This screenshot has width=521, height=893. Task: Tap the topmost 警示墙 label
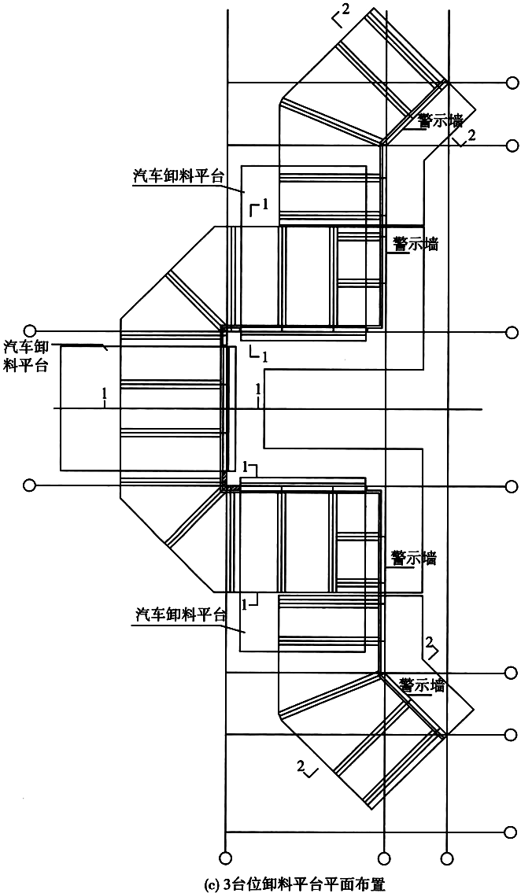(439, 120)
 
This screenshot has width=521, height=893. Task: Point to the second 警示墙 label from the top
(415, 245)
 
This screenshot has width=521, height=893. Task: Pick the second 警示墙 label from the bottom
(413, 559)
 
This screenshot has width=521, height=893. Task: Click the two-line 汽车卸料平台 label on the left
(27, 356)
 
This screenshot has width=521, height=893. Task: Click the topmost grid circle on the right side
(512, 83)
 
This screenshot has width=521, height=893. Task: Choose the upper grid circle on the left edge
(30, 330)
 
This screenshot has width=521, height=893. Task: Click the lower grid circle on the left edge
(30, 485)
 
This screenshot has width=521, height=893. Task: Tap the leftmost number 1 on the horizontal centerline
(104, 393)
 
